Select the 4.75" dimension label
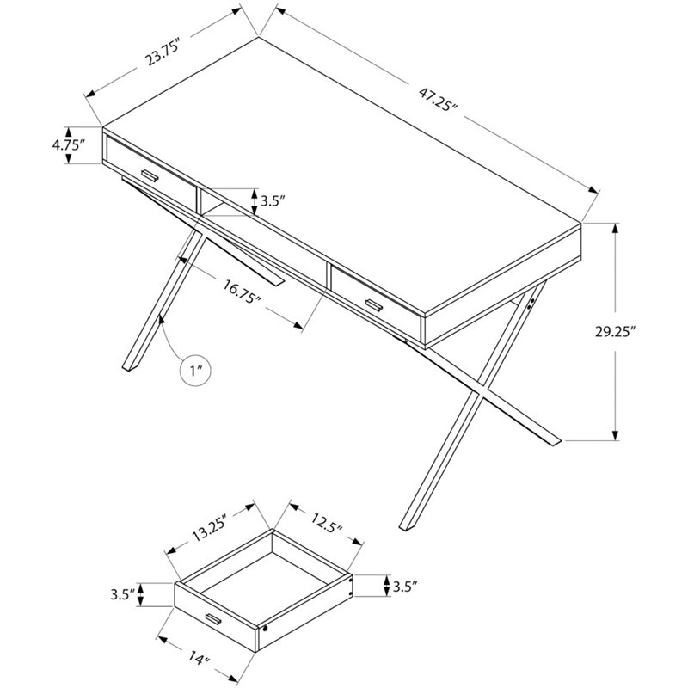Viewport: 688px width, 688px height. (68, 145)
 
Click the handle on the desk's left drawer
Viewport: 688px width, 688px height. (150, 175)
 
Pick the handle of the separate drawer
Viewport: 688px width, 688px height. (213, 620)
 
